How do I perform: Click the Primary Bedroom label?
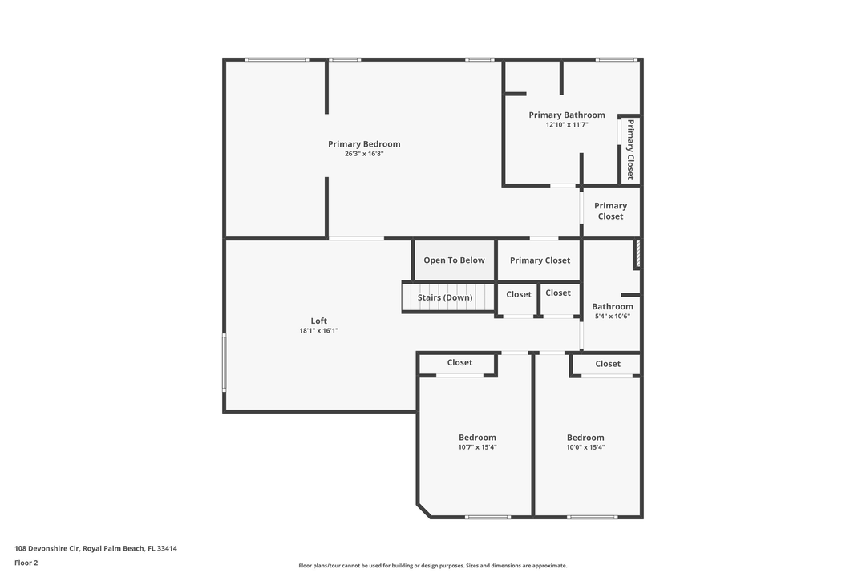coord(364,144)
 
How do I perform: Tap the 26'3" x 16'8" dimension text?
coord(364,154)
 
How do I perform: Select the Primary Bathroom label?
coord(567,115)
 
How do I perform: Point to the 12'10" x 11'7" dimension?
coord(567,125)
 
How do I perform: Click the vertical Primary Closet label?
coord(630,149)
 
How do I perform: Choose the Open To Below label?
coord(454,260)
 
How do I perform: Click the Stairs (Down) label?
coord(445,298)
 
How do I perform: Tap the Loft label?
coord(318,321)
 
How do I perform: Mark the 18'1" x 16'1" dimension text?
coord(318,331)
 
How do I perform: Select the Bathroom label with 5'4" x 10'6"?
coord(613,307)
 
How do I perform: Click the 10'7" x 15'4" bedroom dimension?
coord(477,448)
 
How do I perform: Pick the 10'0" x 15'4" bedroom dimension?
coord(585,448)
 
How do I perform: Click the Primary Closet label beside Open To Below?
coord(540,260)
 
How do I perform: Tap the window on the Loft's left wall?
coord(225,362)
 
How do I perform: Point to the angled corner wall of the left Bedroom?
coord(423,510)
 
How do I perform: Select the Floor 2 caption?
coord(26,563)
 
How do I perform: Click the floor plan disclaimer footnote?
coord(432,566)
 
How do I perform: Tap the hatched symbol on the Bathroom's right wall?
coord(638,253)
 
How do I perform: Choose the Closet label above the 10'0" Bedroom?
coord(608,364)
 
